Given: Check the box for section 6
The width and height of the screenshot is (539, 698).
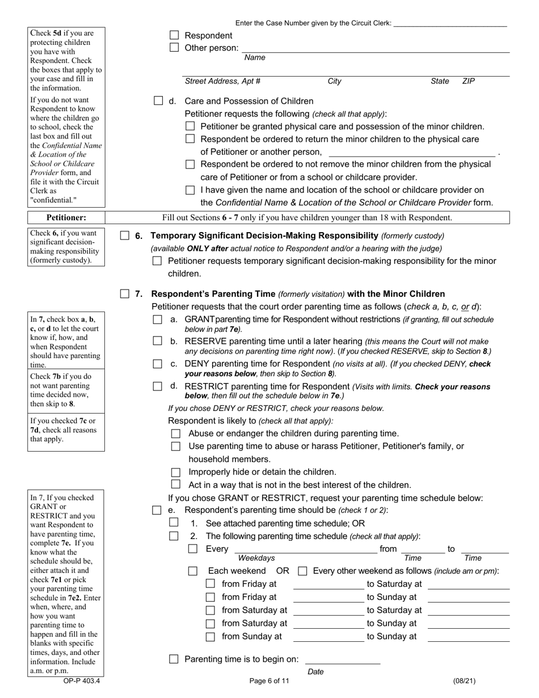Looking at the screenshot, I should (125, 236).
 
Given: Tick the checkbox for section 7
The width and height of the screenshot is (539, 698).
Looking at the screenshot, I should (125, 294).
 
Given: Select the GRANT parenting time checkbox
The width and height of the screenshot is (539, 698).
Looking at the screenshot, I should (158, 320).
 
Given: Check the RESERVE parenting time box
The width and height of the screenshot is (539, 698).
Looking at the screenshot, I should (158, 342).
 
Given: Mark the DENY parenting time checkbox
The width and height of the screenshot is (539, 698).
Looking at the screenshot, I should (158, 364).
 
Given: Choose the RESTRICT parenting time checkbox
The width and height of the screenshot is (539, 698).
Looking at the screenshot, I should (158, 386).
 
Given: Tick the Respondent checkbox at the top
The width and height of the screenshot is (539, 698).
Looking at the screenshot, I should (175, 36).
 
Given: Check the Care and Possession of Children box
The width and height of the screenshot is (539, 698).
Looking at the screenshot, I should (158, 101).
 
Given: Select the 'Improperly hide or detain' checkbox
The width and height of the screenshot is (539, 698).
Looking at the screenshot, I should (176, 472).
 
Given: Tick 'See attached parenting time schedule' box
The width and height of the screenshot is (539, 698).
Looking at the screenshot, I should (174, 523).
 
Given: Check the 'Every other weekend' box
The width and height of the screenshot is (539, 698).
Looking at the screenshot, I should (303, 571).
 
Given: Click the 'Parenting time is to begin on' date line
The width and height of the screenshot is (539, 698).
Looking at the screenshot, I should (342, 659).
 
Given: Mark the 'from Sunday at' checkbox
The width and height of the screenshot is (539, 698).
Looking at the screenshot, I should (210, 637).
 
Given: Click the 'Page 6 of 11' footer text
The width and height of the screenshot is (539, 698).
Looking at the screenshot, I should (269, 682).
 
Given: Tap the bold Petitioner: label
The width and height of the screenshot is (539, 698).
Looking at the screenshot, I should (66, 217).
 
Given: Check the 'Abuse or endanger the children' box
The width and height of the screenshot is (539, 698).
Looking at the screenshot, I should (176, 434).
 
